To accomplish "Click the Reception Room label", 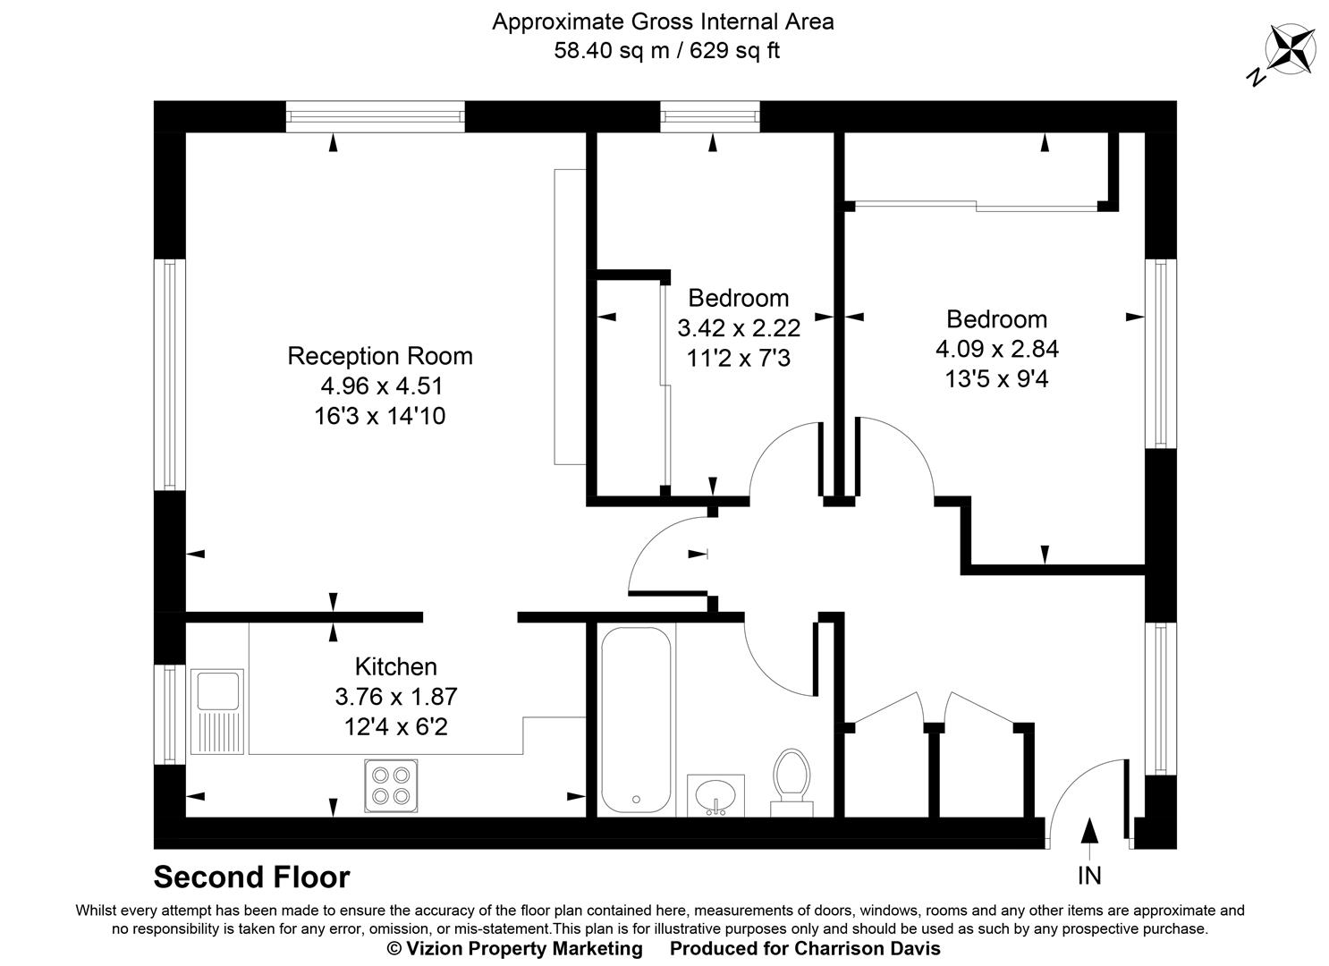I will (379, 356).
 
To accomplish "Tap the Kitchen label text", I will (395, 666).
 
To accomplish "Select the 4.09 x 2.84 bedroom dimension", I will (996, 349).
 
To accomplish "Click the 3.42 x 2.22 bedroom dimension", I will (738, 327).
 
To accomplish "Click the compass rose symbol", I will (1290, 49).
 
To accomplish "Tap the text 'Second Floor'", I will (251, 877).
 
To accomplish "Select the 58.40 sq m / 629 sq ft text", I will (666, 51).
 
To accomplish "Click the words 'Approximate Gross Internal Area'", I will (663, 21).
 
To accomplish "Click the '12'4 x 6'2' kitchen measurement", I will (395, 726).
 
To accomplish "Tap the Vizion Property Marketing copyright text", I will (514, 948).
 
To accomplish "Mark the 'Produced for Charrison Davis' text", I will (805, 948).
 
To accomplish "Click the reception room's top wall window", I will (375, 116).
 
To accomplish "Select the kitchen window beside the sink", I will (169, 714).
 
